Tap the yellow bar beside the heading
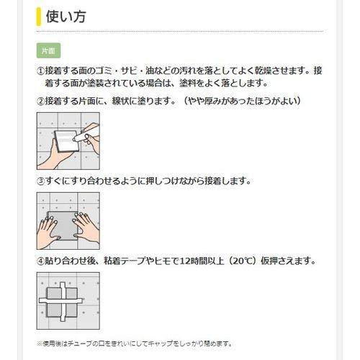click(x=38, y=17)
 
